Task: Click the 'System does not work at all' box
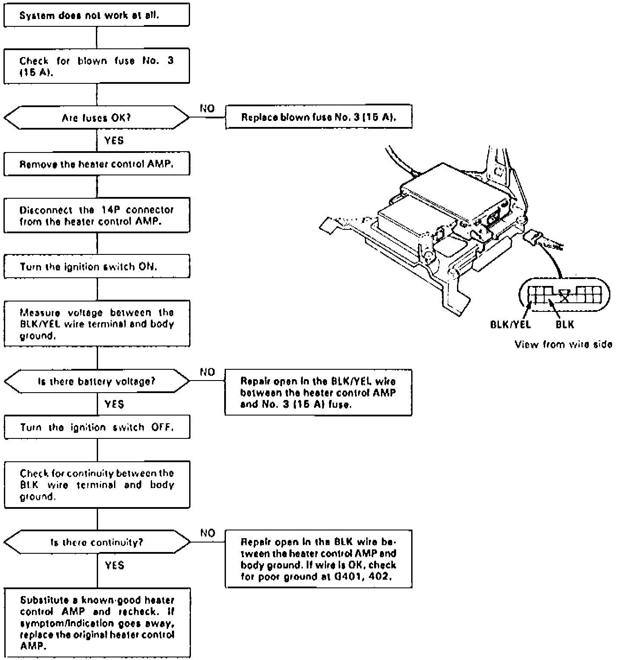pyautogui.click(x=96, y=15)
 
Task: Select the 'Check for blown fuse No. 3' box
pyautogui.click(x=96, y=66)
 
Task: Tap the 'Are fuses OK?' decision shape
pyautogui.click(x=96, y=117)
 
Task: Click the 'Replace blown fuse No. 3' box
pyautogui.click(x=318, y=117)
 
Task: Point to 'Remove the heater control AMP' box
pyautogui.click(x=96, y=164)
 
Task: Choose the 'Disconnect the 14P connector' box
pyautogui.click(x=96, y=215)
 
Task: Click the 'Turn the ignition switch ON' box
pyautogui.click(x=96, y=266)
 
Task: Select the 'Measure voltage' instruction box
pyautogui.click(x=96, y=324)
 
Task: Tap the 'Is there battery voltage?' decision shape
pyautogui.click(x=96, y=381)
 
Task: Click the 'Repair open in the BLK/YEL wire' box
pyautogui.click(x=318, y=392)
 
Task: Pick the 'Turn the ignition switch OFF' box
pyautogui.click(x=96, y=427)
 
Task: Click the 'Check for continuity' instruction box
pyautogui.click(x=96, y=485)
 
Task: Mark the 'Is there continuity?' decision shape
pyautogui.click(x=96, y=542)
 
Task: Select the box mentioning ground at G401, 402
pyautogui.click(x=318, y=558)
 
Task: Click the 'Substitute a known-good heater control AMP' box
pyautogui.click(x=96, y=622)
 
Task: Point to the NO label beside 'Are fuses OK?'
pyautogui.click(x=207, y=108)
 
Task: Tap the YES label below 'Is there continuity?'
pyautogui.click(x=114, y=565)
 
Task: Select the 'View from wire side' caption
pyautogui.click(x=563, y=344)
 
